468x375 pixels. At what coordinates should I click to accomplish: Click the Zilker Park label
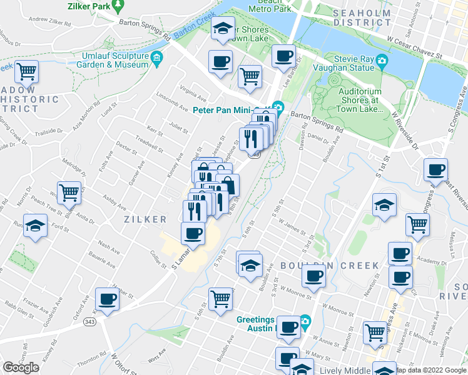pyautogui.click(x=88, y=6)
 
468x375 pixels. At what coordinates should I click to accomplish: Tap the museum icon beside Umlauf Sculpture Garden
pyautogui.click(x=156, y=61)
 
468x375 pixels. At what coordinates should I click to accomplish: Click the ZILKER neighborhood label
pyautogui.click(x=145, y=219)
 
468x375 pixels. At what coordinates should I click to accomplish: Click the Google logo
pyautogui.click(x=21, y=367)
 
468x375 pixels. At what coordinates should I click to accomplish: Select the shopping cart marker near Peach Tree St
pyautogui.click(x=69, y=191)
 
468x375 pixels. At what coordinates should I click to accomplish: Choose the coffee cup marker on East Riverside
pyautogui.click(x=435, y=169)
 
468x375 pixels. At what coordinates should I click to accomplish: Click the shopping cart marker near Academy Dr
pyautogui.click(x=417, y=224)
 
